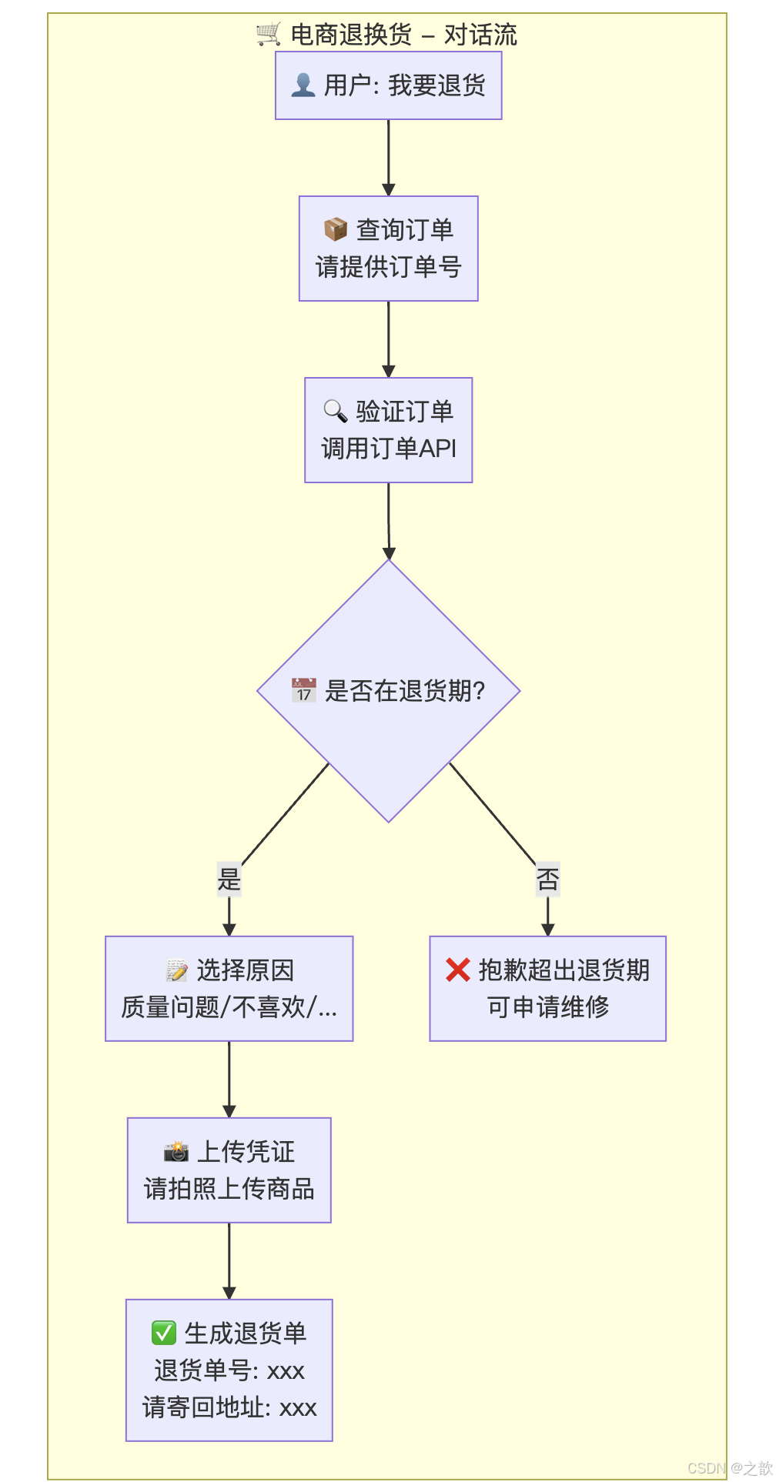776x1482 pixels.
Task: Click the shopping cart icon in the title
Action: point(269,35)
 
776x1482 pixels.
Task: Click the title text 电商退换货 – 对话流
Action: point(403,35)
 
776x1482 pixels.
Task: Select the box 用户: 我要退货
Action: point(389,85)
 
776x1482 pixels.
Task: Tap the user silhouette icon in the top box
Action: point(303,85)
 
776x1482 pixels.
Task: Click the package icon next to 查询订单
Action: point(336,229)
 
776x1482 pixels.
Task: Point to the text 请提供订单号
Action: point(389,267)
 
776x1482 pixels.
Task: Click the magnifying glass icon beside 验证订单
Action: point(336,411)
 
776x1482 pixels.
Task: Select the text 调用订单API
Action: point(389,449)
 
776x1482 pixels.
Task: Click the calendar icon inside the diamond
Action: point(304,690)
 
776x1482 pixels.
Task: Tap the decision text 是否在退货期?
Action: point(405,691)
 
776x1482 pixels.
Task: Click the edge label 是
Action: point(229,879)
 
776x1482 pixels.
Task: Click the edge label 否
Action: point(548,879)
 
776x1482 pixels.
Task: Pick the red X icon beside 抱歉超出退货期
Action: point(458,970)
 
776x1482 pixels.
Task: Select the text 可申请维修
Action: point(548,1006)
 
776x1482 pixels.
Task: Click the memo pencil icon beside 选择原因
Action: point(177,970)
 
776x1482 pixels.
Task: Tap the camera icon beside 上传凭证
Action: point(176,1152)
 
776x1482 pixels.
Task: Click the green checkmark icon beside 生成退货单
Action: point(164,1333)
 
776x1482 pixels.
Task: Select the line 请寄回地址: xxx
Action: point(229,1408)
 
